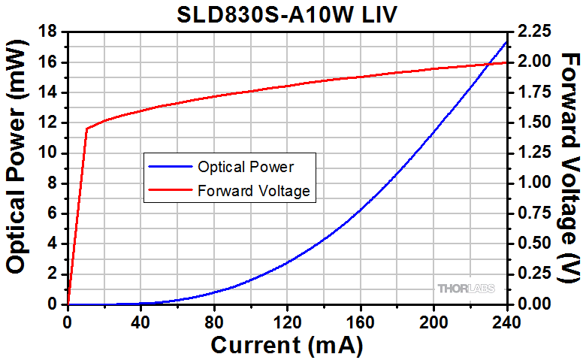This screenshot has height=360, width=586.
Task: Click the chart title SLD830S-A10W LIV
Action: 288,14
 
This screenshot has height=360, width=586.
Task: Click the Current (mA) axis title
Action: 287,345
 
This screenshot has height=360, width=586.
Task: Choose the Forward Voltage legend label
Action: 254,191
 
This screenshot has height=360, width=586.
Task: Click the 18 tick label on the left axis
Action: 50,32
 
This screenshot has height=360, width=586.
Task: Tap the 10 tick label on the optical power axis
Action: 50,153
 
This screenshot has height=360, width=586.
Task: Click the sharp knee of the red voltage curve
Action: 86,129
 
